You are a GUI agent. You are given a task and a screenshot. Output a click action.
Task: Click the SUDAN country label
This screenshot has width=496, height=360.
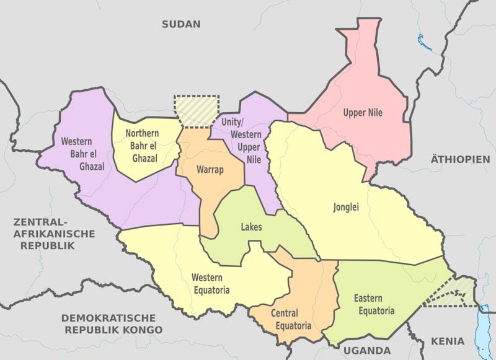pyautogui.click(x=181, y=25)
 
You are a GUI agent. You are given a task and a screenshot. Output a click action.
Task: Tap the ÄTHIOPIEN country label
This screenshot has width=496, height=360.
pyautogui.click(x=460, y=159)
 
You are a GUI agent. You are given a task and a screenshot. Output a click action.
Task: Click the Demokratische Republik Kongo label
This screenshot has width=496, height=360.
pyautogui.click(x=112, y=323)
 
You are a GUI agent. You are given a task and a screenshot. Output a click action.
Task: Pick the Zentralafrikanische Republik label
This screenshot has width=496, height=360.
pyautogui.click(x=53, y=234)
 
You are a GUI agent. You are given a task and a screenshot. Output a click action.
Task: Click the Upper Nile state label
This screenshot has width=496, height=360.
pyautogui.click(x=363, y=113)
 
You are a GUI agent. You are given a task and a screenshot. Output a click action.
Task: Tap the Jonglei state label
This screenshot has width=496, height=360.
pyautogui.click(x=347, y=208)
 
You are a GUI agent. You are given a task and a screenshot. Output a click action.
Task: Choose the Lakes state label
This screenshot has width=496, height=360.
pyautogui.click(x=251, y=227)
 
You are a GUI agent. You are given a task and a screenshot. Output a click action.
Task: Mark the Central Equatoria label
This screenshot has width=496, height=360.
pyautogui.click(x=285, y=320)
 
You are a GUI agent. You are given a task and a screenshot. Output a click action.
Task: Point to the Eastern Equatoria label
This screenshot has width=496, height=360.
pyautogui.click(x=374, y=305)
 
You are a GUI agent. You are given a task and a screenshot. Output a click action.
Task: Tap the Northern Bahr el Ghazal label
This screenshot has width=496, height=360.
pyautogui.click(x=142, y=146)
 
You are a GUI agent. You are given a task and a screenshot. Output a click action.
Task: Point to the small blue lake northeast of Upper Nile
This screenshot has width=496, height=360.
pyautogui.click(x=425, y=43)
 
